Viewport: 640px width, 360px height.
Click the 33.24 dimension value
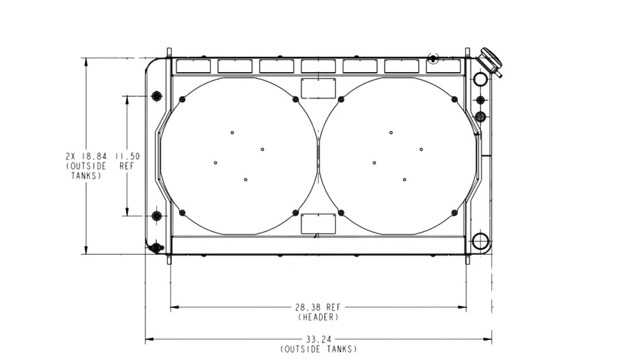click(x=318, y=340)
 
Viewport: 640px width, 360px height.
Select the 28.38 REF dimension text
click(x=318, y=307)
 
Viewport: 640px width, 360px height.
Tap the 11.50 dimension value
click(x=127, y=156)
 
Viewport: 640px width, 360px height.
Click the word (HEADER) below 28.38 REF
click(x=318, y=316)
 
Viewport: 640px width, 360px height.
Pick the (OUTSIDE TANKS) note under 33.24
click(x=318, y=349)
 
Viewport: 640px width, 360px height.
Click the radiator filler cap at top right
click(x=490, y=61)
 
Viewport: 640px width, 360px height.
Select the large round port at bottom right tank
click(x=480, y=241)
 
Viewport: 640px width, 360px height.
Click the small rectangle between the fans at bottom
click(x=318, y=224)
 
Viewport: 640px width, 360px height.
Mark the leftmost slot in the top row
click(x=193, y=66)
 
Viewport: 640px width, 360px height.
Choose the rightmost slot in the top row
click(x=443, y=66)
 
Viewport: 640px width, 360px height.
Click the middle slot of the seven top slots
click(x=318, y=66)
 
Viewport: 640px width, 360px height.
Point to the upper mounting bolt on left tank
click(x=156, y=96)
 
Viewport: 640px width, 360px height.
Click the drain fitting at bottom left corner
click(x=156, y=247)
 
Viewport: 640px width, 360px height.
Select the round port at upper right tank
click(x=480, y=80)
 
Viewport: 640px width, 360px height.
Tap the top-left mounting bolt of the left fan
click(x=182, y=100)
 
